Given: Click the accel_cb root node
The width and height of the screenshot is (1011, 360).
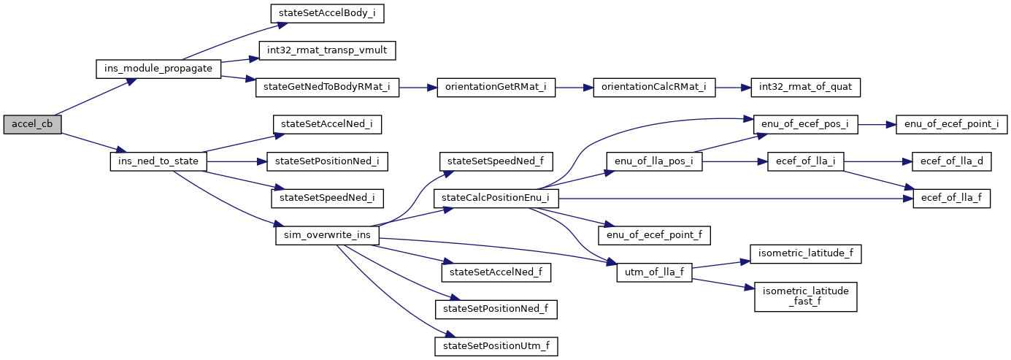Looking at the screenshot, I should point(32,124).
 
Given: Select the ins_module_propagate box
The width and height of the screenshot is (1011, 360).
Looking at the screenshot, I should point(159,69).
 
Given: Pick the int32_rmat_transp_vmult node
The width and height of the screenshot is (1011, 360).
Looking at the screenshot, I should point(327,50).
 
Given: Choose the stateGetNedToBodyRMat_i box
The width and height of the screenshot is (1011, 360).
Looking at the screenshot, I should point(327,88).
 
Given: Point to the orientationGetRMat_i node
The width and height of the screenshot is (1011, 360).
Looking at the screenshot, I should point(496,88).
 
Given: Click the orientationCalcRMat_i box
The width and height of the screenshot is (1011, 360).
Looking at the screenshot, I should point(654,88).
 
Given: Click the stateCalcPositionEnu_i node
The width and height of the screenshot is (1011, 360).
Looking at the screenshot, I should point(496,198).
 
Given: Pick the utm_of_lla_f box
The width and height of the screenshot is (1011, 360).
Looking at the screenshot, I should point(654,272).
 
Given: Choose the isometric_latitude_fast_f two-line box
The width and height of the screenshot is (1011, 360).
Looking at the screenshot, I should point(805,296).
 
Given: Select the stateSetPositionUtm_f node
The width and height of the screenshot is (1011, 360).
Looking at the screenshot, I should point(496,346).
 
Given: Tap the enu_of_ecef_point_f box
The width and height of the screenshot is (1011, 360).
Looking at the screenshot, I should point(654,235).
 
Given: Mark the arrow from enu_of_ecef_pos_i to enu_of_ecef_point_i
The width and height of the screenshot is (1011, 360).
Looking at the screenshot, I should point(876,124).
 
